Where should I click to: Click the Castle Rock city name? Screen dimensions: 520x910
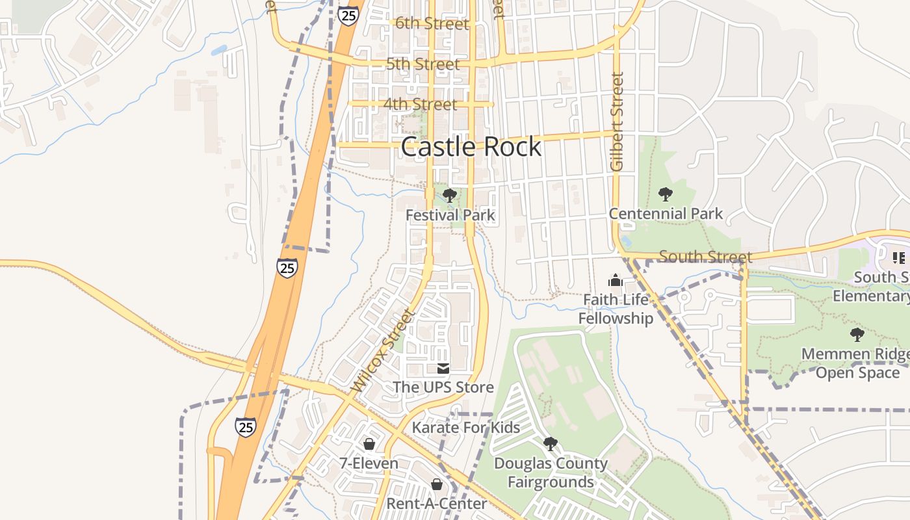[471, 147]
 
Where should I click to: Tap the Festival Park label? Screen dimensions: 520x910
[450, 214]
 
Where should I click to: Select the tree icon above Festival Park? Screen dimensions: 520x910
[449, 195]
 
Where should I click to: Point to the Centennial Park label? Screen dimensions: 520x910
[666, 213]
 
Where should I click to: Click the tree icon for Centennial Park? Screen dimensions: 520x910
[665, 194]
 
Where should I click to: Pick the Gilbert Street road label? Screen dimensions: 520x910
[617, 122]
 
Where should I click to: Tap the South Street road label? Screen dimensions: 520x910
[705, 256]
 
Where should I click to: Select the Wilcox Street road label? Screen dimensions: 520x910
[383, 351]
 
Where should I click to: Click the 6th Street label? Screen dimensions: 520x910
[432, 24]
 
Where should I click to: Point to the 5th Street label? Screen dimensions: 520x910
[422, 64]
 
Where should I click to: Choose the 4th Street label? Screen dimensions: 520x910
[420, 104]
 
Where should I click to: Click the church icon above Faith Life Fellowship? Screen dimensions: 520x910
[615, 281]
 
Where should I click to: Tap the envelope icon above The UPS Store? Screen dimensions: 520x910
[443, 369]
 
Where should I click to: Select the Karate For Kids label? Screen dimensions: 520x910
[466, 427]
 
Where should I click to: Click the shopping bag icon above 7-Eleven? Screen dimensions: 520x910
[369, 444]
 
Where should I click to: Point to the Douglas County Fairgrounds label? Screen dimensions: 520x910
[551, 473]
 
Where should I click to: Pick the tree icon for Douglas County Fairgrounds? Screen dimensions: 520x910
[551, 444]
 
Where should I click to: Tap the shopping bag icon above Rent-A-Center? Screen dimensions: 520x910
[437, 484]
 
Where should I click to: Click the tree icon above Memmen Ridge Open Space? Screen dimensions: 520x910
[857, 335]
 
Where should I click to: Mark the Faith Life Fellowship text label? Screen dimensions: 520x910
[616, 309]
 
